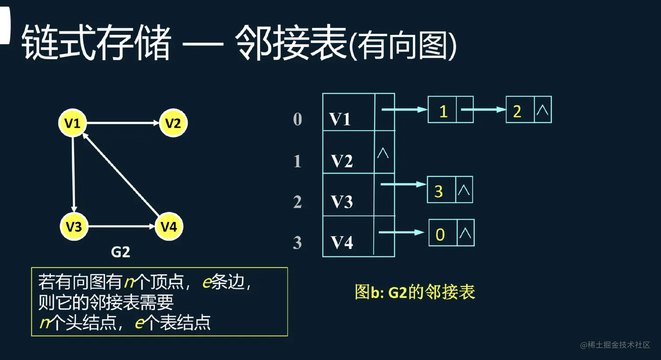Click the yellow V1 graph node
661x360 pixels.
point(73,123)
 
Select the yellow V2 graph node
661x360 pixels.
point(173,123)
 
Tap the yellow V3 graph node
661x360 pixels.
point(74,227)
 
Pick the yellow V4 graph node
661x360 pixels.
point(169,227)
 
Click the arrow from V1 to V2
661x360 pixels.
point(122,123)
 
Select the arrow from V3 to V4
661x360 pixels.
point(121,227)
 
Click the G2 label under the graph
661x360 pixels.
point(120,252)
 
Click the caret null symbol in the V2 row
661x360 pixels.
point(383,153)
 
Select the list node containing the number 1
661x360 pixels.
point(450,110)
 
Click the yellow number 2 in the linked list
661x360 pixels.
point(517,112)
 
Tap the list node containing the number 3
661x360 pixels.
point(449,190)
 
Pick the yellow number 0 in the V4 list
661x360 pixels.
point(440,234)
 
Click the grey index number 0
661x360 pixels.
point(297,119)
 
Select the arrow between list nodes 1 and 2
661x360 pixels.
point(484,110)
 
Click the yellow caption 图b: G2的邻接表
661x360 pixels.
point(414,292)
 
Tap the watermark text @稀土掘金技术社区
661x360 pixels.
point(615,345)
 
